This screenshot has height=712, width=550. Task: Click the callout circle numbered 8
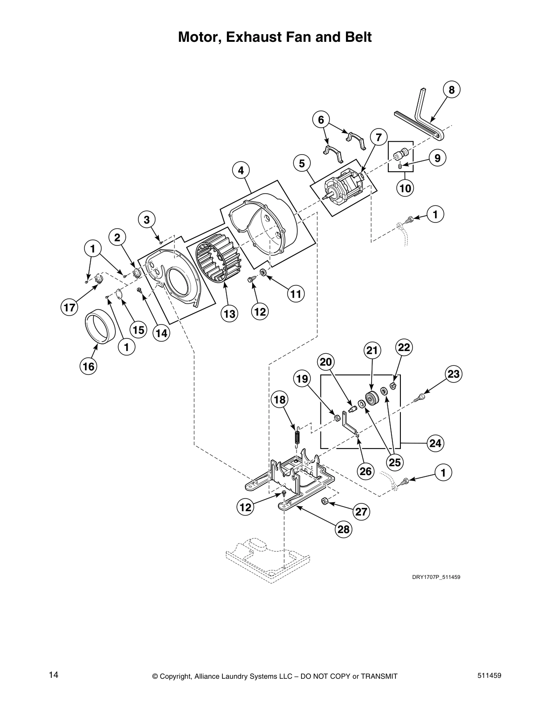(452, 90)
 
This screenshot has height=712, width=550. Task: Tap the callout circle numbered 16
(89, 366)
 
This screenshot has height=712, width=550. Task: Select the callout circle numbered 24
(435, 444)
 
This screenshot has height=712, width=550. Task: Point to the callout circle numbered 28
(343, 530)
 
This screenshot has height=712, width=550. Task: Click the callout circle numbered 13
(230, 314)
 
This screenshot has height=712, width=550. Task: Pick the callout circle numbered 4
(241, 170)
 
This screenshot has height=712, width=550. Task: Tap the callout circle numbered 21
(372, 351)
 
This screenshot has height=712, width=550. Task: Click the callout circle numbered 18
(279, 399)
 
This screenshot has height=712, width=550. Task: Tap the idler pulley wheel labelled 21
(372, 398)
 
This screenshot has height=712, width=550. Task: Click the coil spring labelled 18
(297, 436)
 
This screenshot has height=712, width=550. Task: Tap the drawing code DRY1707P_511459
(436, 577)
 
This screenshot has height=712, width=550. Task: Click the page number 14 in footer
(53, 675)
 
